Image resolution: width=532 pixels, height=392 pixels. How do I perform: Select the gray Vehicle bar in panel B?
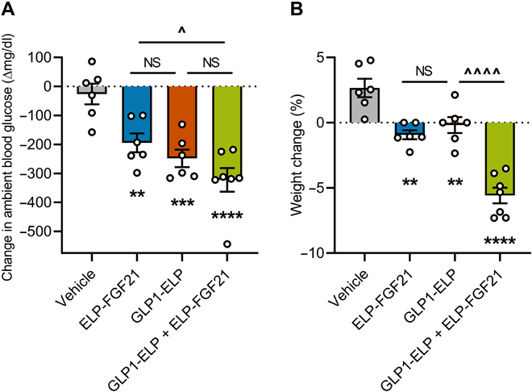365,105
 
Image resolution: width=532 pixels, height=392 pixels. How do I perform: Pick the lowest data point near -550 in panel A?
228,244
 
